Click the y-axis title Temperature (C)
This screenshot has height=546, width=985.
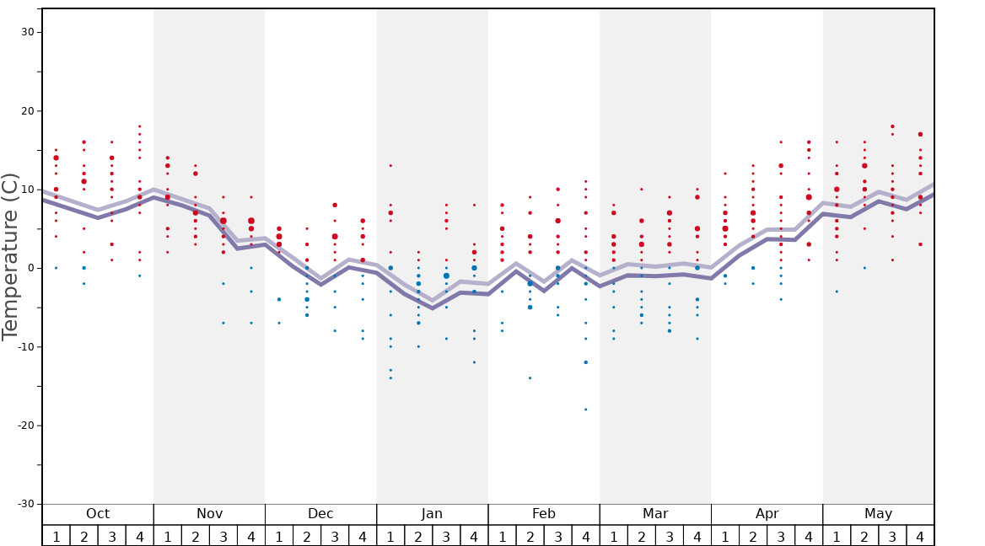click(x=10, y=256)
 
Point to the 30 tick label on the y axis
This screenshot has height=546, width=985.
click(x=26, y=32)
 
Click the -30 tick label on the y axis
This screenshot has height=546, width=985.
click(x=24, y=504)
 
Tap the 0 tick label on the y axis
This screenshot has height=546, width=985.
click(x=30, y=268)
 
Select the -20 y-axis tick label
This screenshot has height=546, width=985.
click(x=24, y=426)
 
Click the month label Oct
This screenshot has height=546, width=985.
click(x=98, y=514)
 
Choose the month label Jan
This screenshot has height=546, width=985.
click(x=432, y=514)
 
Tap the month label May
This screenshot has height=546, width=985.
click(x=878, y=514)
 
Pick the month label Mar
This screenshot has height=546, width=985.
click(x=655, y=514)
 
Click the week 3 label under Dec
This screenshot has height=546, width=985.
click(x=335, y=537)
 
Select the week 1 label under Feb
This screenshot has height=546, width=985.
click(x=502, y=537)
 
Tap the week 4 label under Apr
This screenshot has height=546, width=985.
click(x=809, y=537)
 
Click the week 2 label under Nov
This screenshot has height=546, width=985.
click(x=196, y=537)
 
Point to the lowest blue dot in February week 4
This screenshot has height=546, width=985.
click(x=585, y=409)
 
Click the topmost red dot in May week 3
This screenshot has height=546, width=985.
click(x=892, y=126)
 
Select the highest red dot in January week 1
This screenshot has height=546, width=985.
click(x=390, y=166)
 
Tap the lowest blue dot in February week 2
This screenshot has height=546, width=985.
click(x=530, y=377)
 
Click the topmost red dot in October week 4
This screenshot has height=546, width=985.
click(x=140, y=126)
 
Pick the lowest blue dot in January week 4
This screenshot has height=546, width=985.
click(x=474, y=362)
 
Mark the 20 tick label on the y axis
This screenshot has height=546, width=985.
click(x=26, y=111)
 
